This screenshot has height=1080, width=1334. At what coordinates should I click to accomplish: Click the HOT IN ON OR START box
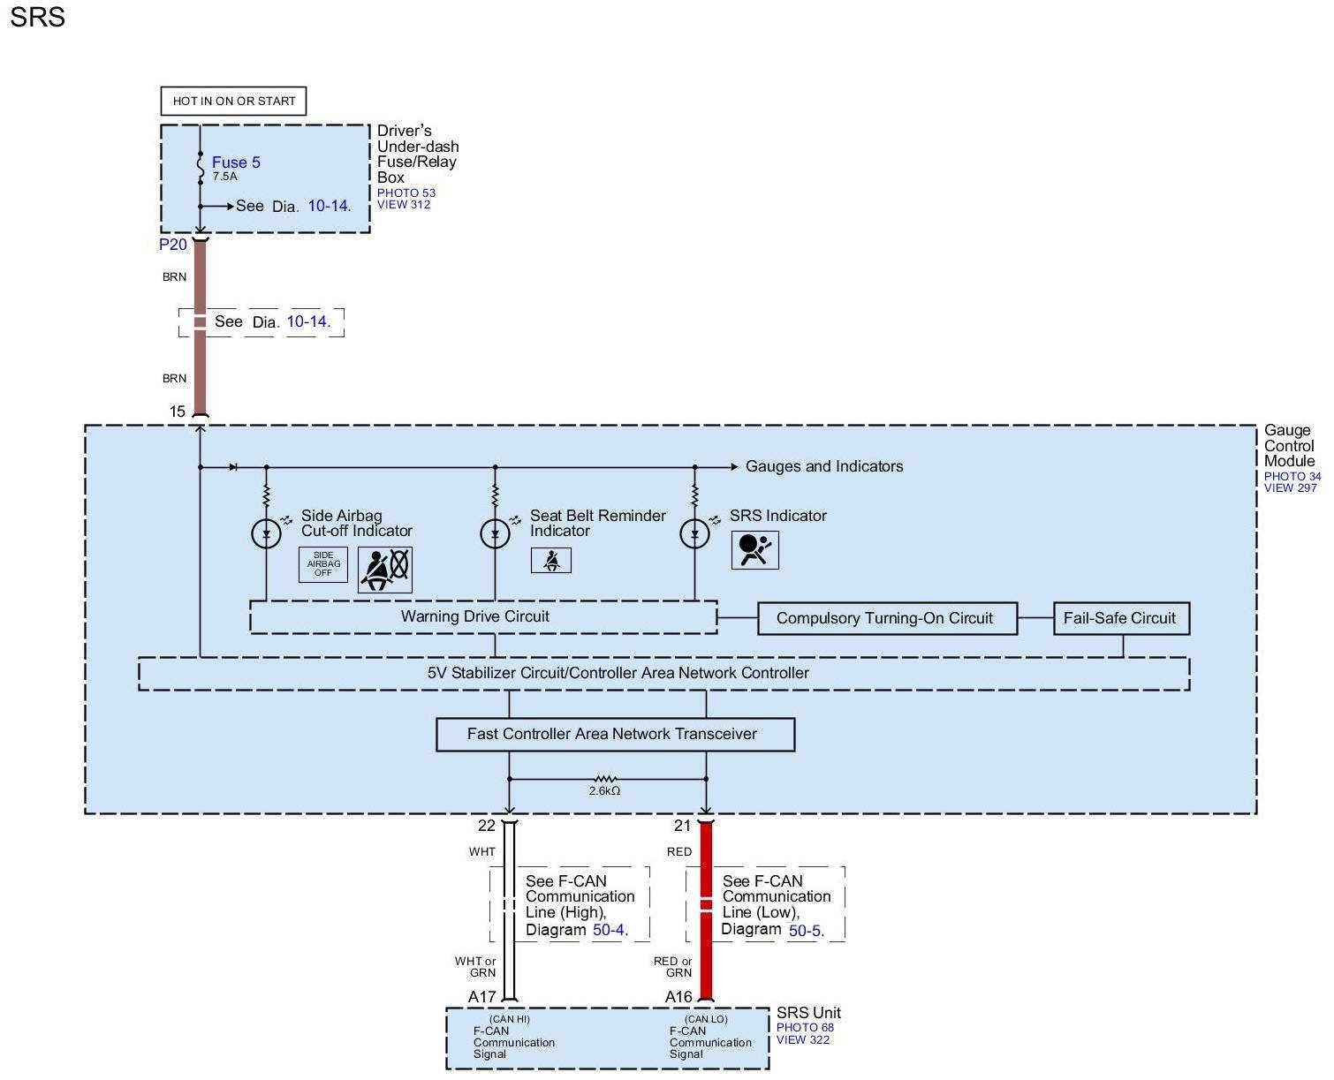(x=233, y=101)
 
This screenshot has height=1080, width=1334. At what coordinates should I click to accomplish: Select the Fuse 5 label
(x=236, y=162)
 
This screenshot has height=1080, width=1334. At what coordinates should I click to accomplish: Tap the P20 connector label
(x=173, y=245)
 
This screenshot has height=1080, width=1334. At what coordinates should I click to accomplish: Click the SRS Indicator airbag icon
(x=754, y=550)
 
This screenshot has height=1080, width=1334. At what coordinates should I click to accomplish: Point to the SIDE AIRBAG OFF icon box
(x=323, y=564)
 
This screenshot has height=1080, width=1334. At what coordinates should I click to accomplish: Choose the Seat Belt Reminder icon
(x=550, y=560)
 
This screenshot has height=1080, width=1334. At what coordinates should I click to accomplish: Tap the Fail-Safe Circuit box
(x=1120, y=618)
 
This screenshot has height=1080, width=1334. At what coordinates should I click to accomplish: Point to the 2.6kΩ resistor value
(x=604, y=791)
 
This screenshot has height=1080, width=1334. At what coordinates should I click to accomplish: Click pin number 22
(x=486, y=826)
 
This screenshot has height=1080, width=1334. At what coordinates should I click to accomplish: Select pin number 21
(x=682, y=826)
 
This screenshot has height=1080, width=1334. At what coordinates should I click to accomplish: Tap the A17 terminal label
(x=482, y=997)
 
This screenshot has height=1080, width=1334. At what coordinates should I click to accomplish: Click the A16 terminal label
(x=678, y=997)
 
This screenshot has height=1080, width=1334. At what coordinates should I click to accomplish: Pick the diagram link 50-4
(x=609, y=930)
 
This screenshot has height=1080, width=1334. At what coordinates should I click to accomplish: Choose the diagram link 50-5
(x=805, y=930)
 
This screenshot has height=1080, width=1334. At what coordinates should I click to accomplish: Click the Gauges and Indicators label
(x=824, y=466)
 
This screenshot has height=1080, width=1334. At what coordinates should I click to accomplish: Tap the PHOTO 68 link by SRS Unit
(x=805, y=1027)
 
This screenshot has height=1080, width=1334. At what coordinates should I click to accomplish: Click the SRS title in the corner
(x=37, y=18)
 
